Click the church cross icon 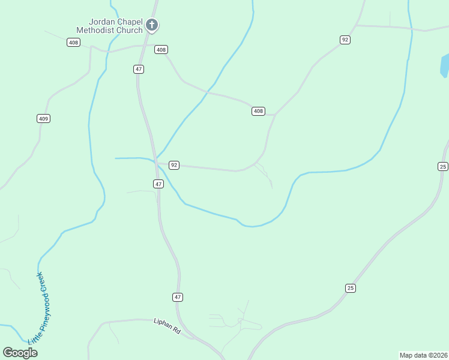(152, 25)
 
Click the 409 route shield (43, 119)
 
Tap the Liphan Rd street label (167, 326)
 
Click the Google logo (20, 353)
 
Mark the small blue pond (445, 65)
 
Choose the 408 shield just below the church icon (161, 50)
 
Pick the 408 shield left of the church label (74, 43)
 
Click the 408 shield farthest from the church (258, 111)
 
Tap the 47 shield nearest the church (139, 70)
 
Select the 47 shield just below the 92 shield (158, 184)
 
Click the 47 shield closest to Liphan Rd (177, 297)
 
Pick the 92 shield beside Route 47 (174, 165)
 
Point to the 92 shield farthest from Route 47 (345, 40)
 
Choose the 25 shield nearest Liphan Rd (351, 288)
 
